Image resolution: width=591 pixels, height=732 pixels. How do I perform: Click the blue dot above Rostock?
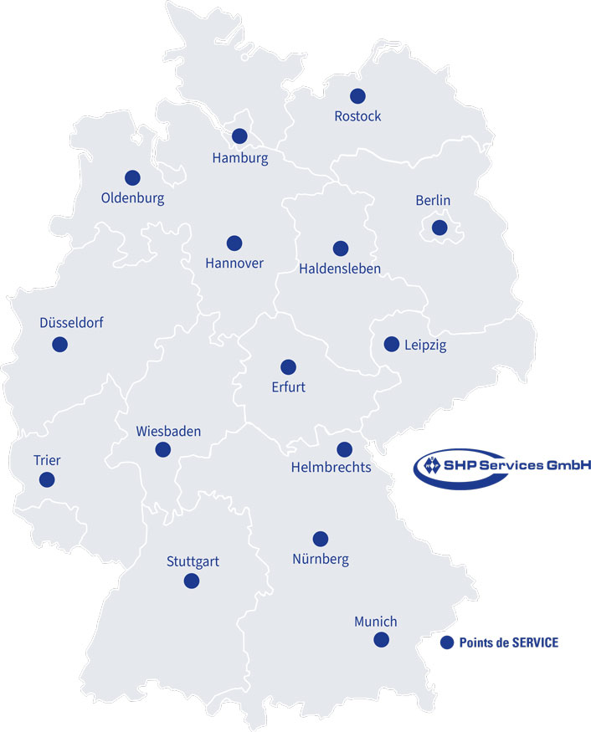[x=357, y=96]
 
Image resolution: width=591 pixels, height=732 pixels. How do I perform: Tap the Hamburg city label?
[x=240, y=157]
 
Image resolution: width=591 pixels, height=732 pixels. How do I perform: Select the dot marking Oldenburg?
[x=132, y=177]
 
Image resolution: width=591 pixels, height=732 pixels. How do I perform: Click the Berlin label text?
[x=433, y=200]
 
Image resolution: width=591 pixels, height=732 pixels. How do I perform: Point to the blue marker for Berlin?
[x=439, y=228]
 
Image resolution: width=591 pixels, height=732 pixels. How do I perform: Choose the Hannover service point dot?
[x=234, y=243]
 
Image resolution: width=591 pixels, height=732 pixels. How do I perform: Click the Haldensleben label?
[x=340, y=269]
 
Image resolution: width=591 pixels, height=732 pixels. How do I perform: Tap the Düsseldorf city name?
[x=71, y=322]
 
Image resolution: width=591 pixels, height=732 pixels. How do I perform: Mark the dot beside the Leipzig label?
[x=391, y=344]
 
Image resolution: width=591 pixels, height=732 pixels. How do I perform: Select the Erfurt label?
[x=288, y=386]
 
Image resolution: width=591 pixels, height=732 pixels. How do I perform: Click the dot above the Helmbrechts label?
[x=344, y=449]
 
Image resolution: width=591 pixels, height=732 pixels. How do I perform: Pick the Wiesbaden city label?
[x=168, y=432]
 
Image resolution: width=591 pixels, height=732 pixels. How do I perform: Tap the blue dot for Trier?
[x=47, y=479]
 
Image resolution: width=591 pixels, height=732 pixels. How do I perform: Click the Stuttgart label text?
[x=193, y=561]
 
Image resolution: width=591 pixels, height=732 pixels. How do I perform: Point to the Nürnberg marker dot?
[x=320, y=539]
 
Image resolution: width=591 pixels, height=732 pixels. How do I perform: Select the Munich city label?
[x=375, y=622]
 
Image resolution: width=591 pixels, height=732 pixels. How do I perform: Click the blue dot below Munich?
[x=382, y=640]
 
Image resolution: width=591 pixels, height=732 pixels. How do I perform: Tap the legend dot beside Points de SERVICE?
[x=446, y=642]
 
